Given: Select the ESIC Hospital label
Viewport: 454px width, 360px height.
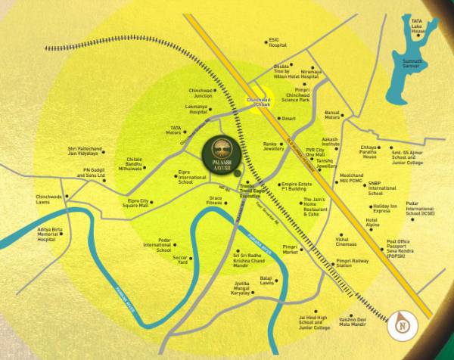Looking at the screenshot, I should pos(277,42).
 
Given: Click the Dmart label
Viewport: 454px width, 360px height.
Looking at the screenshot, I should pos(288,119).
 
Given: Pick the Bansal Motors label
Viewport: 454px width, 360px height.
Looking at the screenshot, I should pos(332,115).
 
